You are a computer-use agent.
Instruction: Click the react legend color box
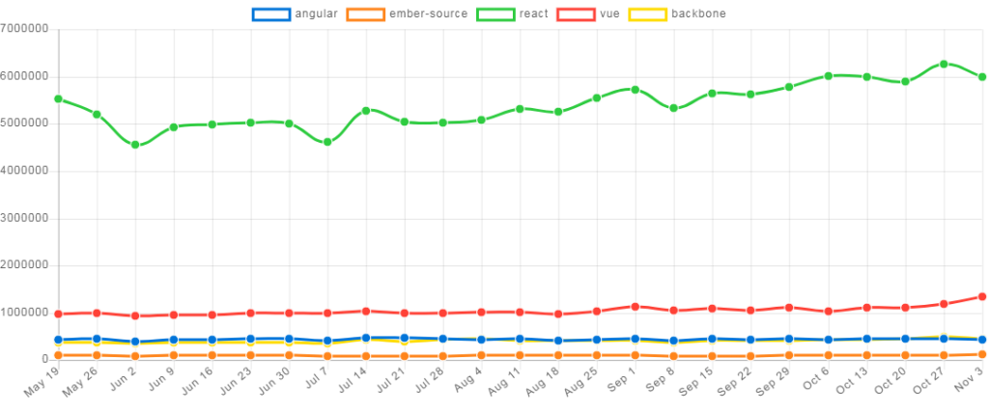click(495, 14)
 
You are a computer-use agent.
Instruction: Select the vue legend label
click(609, 14)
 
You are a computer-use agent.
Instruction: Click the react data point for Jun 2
click(135, 145)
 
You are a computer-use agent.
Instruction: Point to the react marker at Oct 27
click(944, 64)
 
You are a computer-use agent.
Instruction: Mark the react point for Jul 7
click(327, 142)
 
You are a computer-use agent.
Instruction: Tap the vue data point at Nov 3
click(981, 296)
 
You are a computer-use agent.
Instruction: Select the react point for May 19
click(58, 98)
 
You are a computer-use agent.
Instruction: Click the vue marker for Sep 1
click(636, 306)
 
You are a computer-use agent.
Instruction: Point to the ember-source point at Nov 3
click(981, 354)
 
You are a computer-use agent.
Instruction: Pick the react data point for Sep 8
click(674, 108)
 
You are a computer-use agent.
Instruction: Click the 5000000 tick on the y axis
click(25, 123)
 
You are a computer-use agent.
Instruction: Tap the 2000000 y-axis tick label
click(25, 264)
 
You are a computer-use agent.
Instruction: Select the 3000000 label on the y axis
click(25, 217)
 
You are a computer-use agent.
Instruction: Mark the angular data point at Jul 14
click(366, 339)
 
